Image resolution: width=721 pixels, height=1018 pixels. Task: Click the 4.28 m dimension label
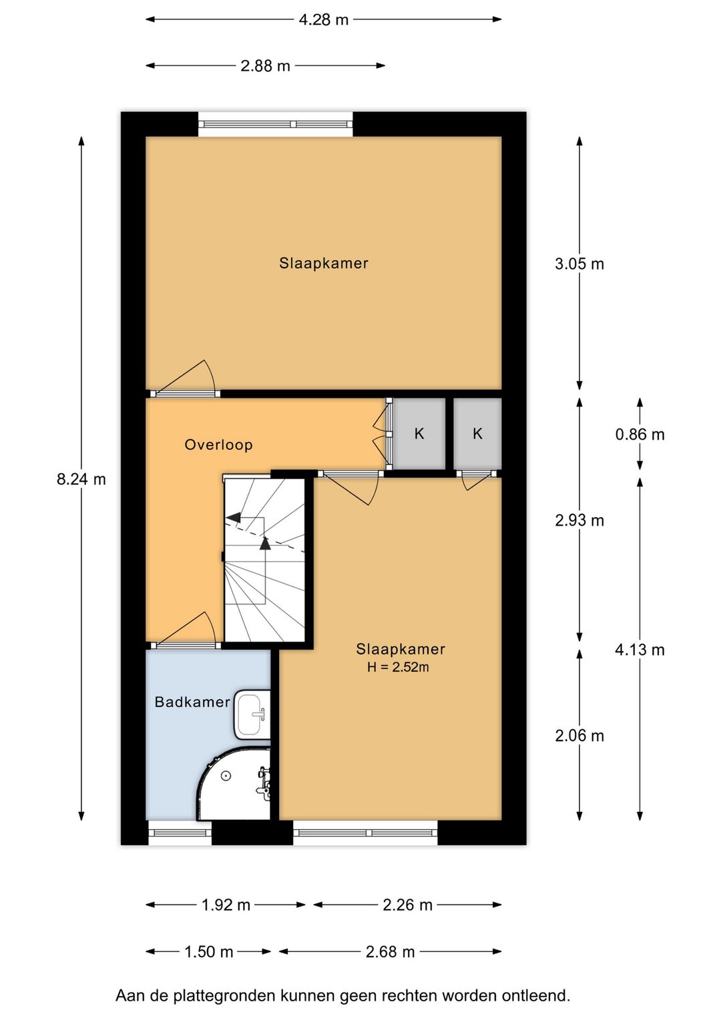tap(323, 20)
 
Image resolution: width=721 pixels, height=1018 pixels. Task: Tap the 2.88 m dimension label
tap(265, 66)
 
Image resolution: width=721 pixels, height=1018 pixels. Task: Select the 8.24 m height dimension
tap(81, 479)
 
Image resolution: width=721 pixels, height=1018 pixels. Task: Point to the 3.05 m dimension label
tap(579, 264)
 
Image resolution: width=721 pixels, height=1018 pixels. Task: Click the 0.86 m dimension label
tap(640, 434)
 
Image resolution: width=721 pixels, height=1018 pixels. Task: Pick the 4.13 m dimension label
tap(640, 650)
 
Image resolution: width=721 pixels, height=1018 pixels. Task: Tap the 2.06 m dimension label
tap(579, 736)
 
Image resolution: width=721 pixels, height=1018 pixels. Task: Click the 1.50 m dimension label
tap(208, 952)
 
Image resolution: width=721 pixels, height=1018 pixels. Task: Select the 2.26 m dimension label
tap(407, 905)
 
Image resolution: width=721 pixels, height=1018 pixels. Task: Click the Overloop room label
tap(218, 445)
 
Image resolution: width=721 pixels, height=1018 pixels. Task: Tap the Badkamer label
tap(192, 702)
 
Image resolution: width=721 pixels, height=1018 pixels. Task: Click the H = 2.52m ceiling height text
tap(398, 667)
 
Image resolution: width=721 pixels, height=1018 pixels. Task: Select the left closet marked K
tap(419, 434)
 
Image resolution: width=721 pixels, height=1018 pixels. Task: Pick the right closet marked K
tap(477, 434)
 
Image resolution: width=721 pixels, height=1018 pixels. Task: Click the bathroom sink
tap(252, 714)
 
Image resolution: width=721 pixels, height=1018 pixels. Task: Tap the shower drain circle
tap(226, 776)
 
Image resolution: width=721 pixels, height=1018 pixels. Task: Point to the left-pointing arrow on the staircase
tap(233, 517)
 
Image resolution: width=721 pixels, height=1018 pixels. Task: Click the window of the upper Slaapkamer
tap(275, 124)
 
